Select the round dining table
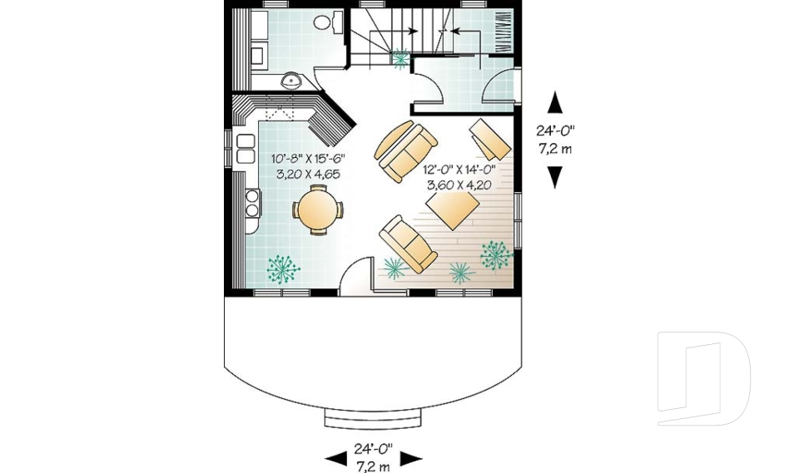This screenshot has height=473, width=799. [x=316, y=209]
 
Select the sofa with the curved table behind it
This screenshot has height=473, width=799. [x=405, y=151]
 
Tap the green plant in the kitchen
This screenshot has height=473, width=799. [x=283, y=269]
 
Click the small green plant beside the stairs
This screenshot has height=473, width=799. [x=400, y=58]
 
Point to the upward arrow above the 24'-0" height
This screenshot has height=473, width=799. [x=554, y=103]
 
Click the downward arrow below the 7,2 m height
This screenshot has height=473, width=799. [x=554, y=176]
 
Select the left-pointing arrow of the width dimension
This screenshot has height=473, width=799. [x=335, y=458]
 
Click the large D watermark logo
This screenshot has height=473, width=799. [x=702, y=377]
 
